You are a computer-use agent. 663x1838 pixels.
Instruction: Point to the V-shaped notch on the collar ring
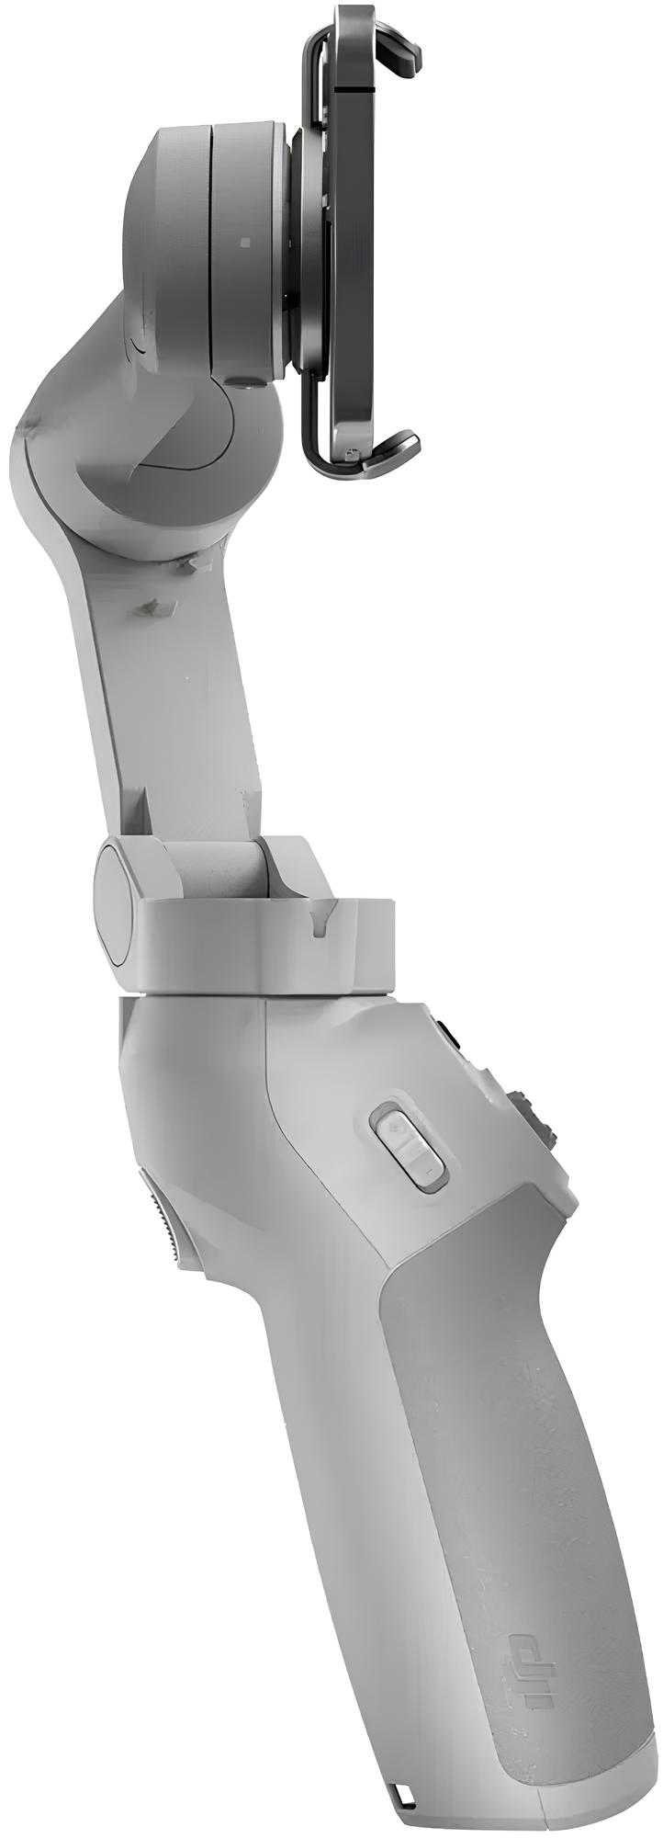(322, 924)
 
